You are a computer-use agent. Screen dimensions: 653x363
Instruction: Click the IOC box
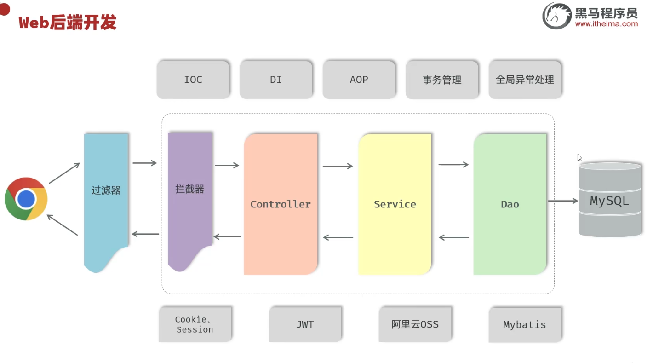tap(193, 80)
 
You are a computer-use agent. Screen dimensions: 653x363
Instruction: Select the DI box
tap(276, 80)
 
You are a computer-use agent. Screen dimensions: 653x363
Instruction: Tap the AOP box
tap(359, 80)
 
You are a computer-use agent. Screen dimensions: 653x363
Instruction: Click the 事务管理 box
tap(442, 80)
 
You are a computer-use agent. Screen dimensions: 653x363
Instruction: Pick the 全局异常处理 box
tap(525, 80)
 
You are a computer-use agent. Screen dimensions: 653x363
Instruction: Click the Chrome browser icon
tap(26, 199)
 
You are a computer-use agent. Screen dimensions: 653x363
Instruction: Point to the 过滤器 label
tap(106, 190)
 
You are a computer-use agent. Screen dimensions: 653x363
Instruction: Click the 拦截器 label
tap(189, 189)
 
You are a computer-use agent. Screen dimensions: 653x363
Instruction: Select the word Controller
tap(281, 204)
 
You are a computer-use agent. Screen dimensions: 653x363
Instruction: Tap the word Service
tap(395, 204)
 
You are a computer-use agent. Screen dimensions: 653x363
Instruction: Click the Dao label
tap(510, 204)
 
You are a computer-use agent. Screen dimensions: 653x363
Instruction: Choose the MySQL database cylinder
tap(610, 199)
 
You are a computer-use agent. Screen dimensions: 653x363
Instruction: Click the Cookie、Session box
tap(195, 324)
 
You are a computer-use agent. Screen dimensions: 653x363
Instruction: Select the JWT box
tap(305, 324)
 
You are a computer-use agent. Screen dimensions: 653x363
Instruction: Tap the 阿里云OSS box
tap(415, 324)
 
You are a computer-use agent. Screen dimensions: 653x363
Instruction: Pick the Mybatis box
tap(525, 324)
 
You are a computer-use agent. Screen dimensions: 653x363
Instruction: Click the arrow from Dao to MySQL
tap(563, 201)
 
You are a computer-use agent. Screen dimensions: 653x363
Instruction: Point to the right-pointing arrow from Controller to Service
tap(338, 166)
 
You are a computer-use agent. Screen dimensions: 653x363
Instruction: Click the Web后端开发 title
tap(67, 22)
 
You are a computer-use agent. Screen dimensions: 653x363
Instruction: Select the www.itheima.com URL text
tap(607, 24)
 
